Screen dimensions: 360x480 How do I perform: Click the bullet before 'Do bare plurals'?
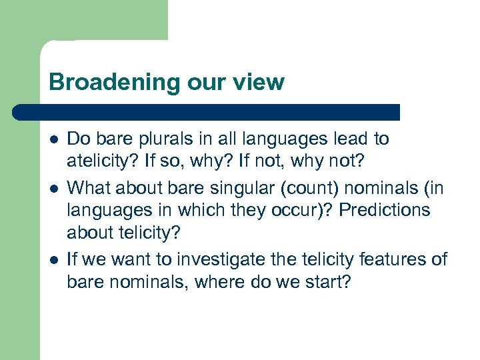(53, 139)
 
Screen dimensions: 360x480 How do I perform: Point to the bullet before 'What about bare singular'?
(53, 187)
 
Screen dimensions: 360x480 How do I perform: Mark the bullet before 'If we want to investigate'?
(53, 259)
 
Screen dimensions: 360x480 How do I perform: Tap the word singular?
(218, 187)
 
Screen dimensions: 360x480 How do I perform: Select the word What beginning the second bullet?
(87, 187)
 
